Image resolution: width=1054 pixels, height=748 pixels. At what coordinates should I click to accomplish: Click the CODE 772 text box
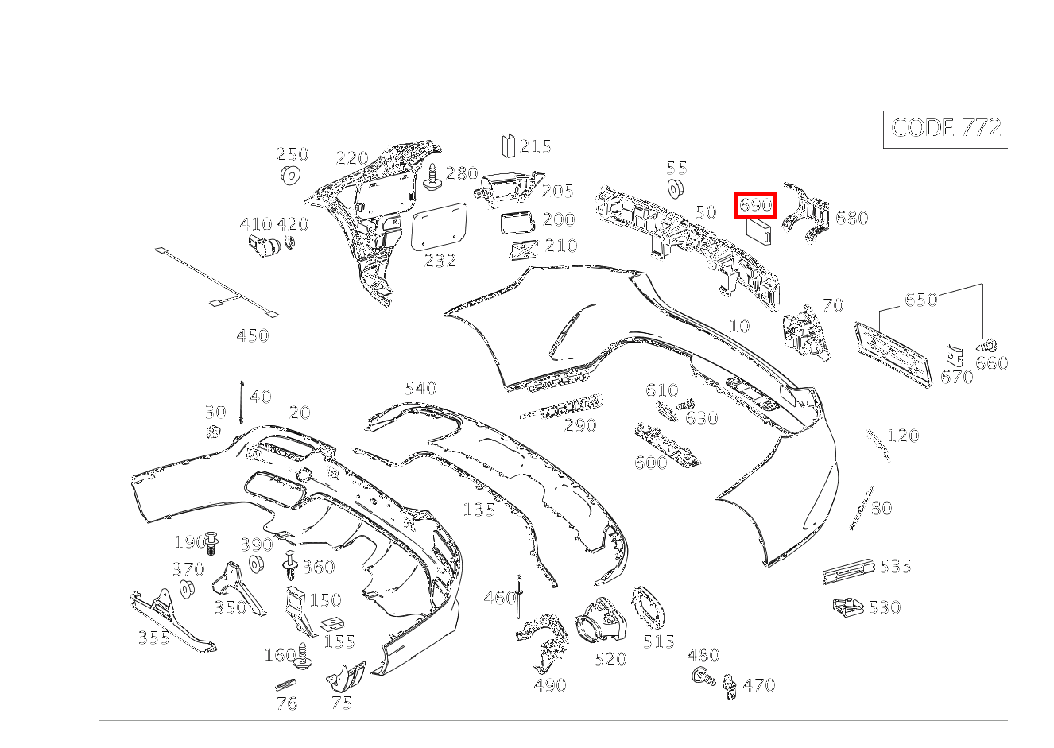click(x=946, y=128)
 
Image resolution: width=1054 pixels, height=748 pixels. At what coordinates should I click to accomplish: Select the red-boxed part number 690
click(x=755, y=205)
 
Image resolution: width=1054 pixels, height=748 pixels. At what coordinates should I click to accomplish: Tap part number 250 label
click(x=292, y=154)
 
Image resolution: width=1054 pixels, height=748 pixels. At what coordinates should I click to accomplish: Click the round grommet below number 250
click(x=291, y=176)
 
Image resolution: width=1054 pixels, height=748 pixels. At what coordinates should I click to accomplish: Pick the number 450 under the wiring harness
click(x=253, y=335)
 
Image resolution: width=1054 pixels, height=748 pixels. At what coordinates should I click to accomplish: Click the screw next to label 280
click(x=433, y=177)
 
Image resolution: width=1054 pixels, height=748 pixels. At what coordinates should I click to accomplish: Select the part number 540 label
click(x=420, y=388)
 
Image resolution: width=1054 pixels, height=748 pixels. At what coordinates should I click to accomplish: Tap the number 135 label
click(x=479, y=509)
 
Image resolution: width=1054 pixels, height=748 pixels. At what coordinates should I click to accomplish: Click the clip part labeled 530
click(x=848, y=608)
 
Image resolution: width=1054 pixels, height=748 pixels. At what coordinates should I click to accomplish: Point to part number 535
click(x=895, y=566)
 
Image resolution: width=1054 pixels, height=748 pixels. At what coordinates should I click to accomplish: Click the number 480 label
click(x=703, y=655)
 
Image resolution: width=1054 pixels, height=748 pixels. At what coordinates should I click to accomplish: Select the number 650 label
click(x=920, y=300)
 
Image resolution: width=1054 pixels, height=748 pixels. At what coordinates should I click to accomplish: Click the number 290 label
click(x=580, y=425)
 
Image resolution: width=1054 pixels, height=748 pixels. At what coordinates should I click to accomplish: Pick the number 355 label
click(x=154, y=637)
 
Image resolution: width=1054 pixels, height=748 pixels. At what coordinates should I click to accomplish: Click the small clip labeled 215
click(x=508, y=145)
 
